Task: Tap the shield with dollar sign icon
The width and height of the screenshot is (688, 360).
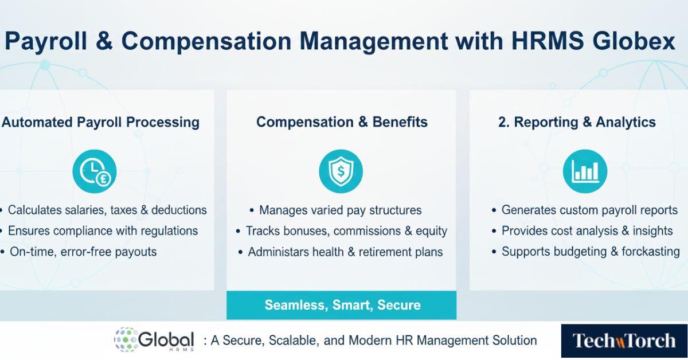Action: click(341, 171)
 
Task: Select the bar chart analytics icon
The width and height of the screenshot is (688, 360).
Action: click(584, 171)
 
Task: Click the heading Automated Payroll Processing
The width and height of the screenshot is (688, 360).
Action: click(100, 122)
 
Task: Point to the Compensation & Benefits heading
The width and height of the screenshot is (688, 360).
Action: click(342, 122)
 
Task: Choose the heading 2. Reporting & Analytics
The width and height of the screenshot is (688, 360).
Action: click(577, 122)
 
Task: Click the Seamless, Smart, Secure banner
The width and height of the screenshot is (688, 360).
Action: click(342, 305)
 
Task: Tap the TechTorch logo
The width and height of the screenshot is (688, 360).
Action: click(624, 341)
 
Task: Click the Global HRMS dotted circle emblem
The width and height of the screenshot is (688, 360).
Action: click(126, 340)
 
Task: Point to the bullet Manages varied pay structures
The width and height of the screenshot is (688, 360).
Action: click(340, 210)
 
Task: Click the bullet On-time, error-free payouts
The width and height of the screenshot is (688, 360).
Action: click(83, 252)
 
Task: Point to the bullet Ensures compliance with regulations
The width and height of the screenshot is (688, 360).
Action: click(103, 231)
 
